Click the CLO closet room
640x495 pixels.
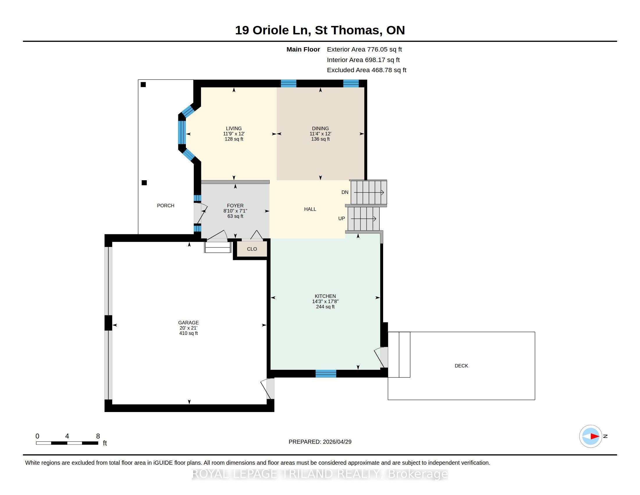(x=252, y=249)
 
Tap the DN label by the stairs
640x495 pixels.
(x=345, y=192)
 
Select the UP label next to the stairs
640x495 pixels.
(x=342, y=218)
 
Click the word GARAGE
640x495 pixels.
(x=189, y=323)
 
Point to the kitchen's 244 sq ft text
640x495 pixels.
(x=325, y=307)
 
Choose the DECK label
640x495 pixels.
(x=461, y=366)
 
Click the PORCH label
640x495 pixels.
(x=166, y=206)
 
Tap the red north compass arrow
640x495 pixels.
(x=595, y=436)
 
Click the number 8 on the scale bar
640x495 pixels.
(x=98, y=436)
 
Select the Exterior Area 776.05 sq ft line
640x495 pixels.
(x=364, y=49)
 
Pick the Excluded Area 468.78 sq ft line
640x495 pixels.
(x=367, y=70)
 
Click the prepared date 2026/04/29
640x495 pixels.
(x=337, y=442)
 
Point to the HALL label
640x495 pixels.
(x=310, y=209)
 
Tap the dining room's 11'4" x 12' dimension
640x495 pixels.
(x=320, y=134)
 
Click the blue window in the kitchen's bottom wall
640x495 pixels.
(x=326, y=374)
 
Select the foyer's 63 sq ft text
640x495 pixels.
(x=235, y=216)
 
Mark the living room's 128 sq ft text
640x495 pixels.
(x=234, y=139)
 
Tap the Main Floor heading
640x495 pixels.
(x=303, y=49)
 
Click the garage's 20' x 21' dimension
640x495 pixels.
(x=189, y=328)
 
